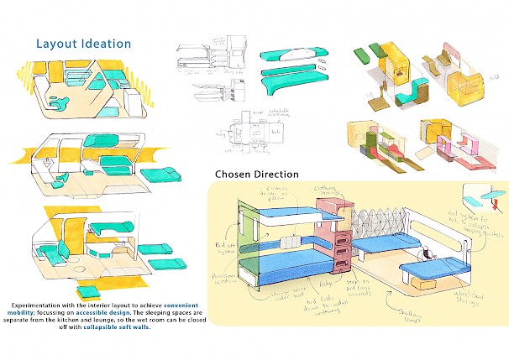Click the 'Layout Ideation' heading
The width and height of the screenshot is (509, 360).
(83, 43)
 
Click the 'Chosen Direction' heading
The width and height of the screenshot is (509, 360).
(256, 175)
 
